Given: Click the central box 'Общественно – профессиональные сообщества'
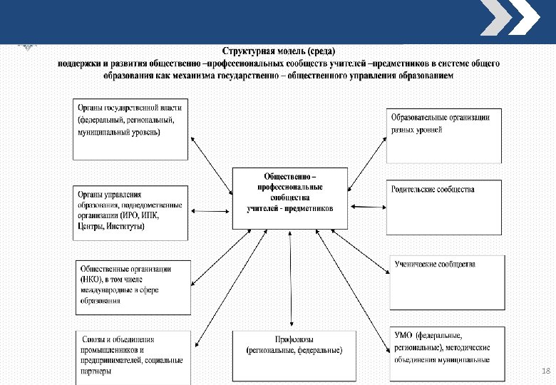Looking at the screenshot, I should [x=290, y=197].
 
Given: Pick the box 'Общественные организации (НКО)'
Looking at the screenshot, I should [x=133, y=287].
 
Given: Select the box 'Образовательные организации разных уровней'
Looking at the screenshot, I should [x=443, y=135].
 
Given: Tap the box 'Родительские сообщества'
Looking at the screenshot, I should [x=443, y=207].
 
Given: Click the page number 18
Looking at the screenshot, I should [x=547, y=371].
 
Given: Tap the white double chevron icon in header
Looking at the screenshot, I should [x=509, y=19].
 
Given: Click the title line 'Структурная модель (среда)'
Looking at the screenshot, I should [x=277, y=51].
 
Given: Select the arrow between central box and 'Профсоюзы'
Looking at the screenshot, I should [x=291, y=278].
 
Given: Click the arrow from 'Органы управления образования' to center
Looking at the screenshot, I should [x=211, y=212].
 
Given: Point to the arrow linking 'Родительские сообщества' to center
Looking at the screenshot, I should [x=368, y=207].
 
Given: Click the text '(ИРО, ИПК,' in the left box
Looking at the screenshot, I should [x=140, y=216].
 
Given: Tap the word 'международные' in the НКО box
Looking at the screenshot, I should [x=106, y=290].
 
